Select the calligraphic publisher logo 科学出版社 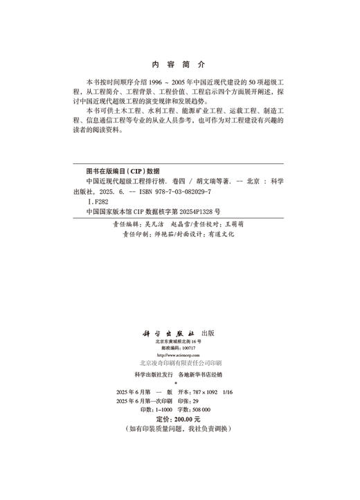tap(169, 332)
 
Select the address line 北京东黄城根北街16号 tap(179, 341)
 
